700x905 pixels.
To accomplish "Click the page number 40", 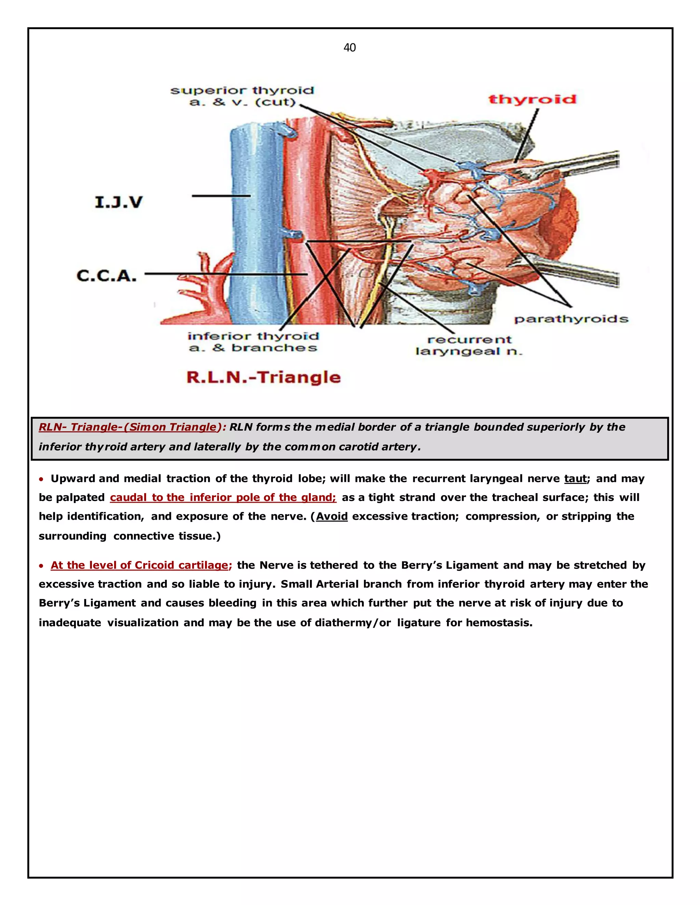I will point(350,48).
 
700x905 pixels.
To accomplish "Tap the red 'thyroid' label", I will point(532,99).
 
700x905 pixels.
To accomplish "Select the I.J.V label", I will point(119,202).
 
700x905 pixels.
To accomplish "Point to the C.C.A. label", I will point(107,276).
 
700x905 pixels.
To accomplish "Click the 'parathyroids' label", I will point(571,319).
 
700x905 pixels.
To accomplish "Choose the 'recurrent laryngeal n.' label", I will point(469,346).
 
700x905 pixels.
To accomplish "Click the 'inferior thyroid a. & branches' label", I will point(253,342).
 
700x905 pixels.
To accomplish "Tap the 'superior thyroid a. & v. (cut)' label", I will point(242,96).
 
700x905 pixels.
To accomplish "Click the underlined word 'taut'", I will point(576,478).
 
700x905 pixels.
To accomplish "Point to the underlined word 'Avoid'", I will point(332,516).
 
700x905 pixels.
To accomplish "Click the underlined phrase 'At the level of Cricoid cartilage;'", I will point(141,565).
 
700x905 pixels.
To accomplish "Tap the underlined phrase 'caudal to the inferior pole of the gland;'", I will point(223,497).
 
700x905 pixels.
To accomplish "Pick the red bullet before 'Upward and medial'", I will point(41,479).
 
